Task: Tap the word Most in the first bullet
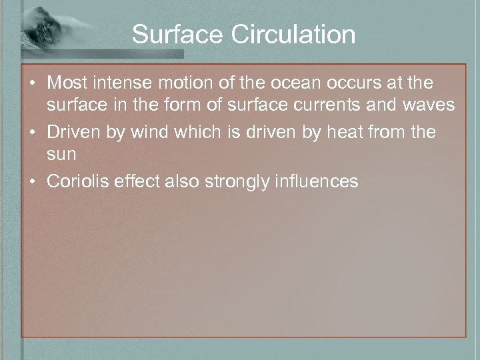click(65, 83)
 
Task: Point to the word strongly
click(233, 181)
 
